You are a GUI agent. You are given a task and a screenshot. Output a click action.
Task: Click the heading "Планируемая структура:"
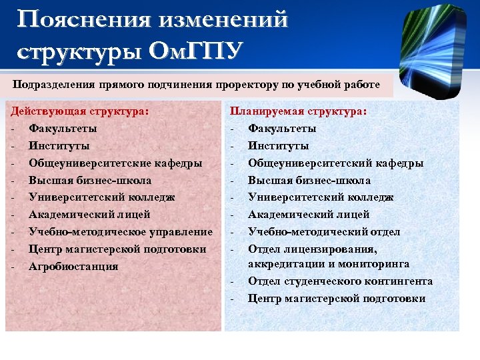[x=298, y=111]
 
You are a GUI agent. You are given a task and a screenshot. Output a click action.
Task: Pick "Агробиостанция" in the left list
[x=73, y=267]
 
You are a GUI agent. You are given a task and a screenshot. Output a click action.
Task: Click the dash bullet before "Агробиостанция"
[x=13, y=267]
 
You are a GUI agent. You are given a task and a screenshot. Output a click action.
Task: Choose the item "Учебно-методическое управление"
[x=121, y=232]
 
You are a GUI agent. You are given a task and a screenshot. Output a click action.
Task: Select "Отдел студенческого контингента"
[x=340, y=281]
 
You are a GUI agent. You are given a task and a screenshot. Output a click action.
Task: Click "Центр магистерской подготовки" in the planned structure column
[x=337, y=299]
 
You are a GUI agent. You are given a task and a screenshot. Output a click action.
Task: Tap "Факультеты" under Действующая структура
[x=63, y=128]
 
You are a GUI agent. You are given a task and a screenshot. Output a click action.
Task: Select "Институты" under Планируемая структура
[x=278, y=145]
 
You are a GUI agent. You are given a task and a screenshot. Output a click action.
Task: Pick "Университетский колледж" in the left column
[x=102, y=197]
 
